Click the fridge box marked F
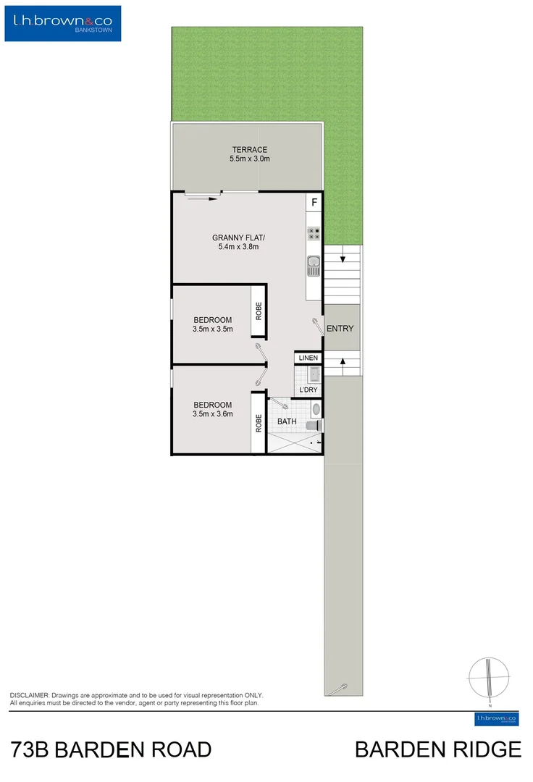click(314, 202)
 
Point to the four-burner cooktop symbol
click(314, 233)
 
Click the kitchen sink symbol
click(314, 266)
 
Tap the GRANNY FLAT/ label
click(239, 237)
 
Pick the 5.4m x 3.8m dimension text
click(239, 247)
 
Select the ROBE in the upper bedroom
click(258, 311)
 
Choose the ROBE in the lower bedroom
click(258, 423)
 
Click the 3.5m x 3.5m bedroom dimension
click(212, 329)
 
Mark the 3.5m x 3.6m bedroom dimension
click(212, 414)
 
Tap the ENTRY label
click(340, 329)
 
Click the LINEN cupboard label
click(309, 358)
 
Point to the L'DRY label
click(308, 390)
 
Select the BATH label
click(287, 421)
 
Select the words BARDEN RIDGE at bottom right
click(437, 749)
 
